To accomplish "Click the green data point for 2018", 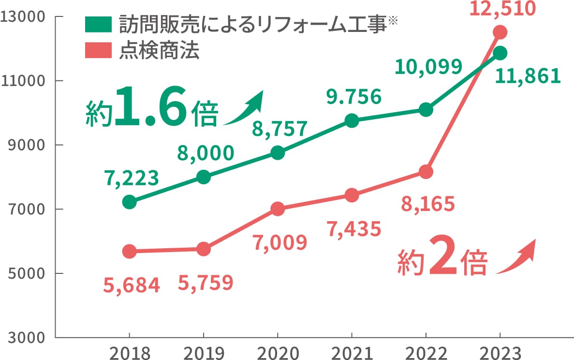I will [x=129, y=202].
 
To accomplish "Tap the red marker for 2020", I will [x=278, y=209].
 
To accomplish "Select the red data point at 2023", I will [x=500, y=32].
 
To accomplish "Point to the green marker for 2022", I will [x=426, y=109].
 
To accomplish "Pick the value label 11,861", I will [x=528, y=76].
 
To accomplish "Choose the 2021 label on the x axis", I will [x=352, y=352].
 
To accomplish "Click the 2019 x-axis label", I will [x=204, y=352].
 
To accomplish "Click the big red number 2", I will [x=443, y=261].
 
